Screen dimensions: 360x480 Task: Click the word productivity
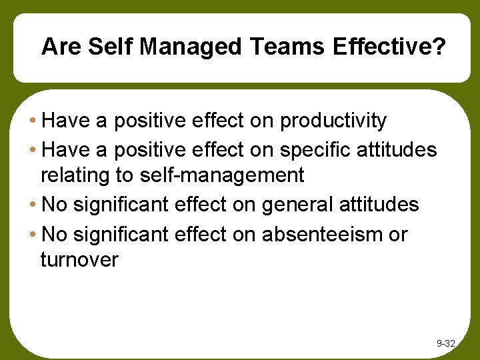(333, 121)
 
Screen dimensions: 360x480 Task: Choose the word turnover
(79, 259)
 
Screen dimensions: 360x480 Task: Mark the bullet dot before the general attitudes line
(33, 205)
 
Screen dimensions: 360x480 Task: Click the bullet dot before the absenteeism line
(33, 234)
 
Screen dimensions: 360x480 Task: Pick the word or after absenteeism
(399, 235)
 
